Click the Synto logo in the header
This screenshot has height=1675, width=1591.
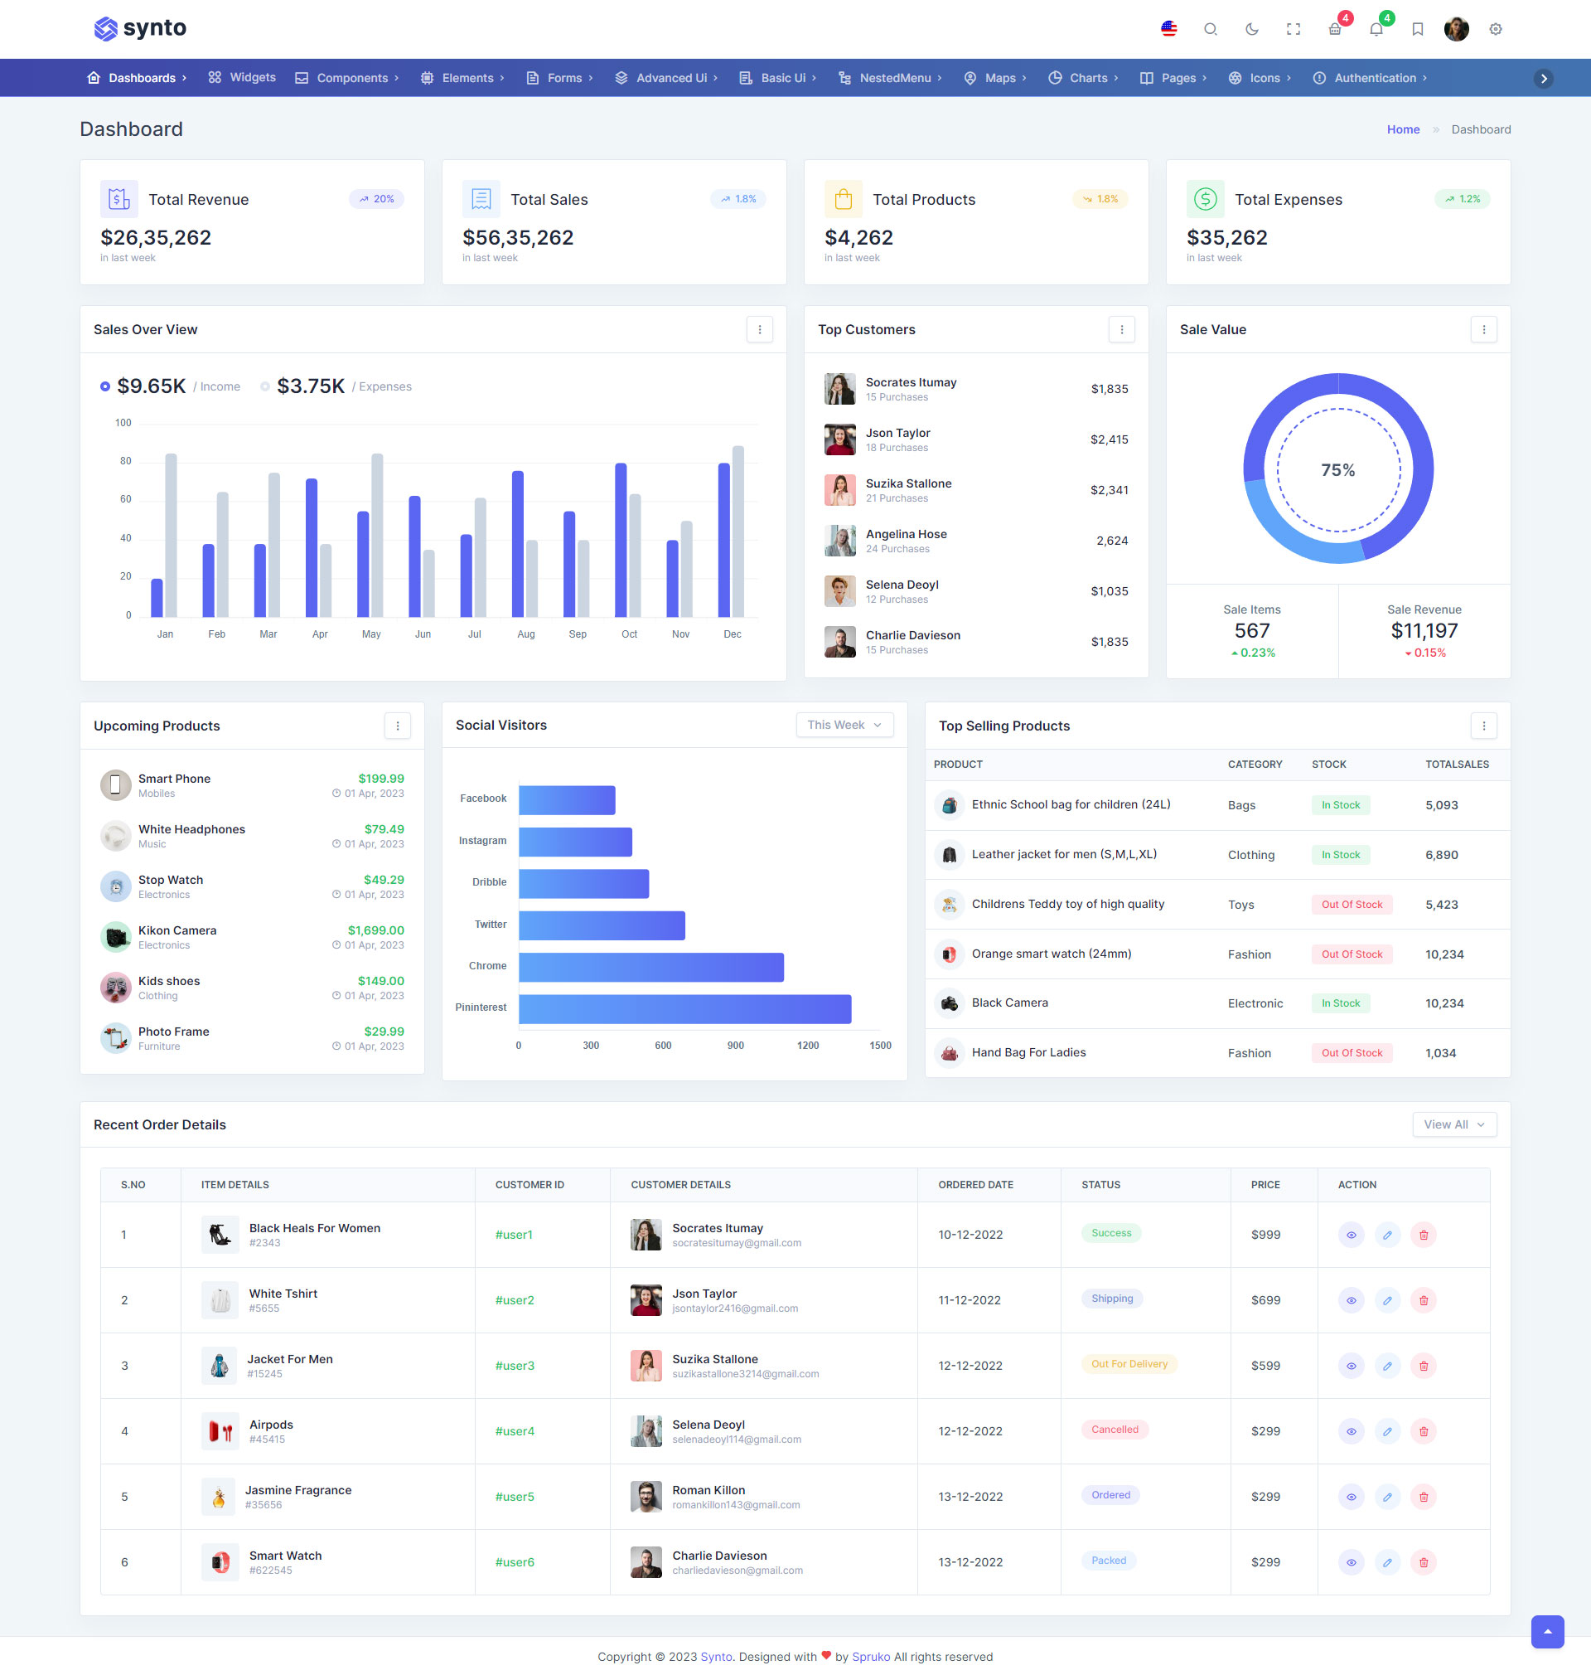pos(140,28)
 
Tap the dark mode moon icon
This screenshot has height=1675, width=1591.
pos(1251,29)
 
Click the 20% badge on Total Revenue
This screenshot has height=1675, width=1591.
pos(376,199)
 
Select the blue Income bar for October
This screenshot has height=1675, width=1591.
pos(621,540)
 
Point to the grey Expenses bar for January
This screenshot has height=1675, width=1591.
pos(172,535)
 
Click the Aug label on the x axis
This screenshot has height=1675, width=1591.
pos(526,634)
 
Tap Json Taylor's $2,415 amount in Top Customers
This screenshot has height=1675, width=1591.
pos(1109,439)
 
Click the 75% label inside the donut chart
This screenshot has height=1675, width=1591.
pos(1337,470)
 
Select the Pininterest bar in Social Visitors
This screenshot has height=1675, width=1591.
pos(684,1009)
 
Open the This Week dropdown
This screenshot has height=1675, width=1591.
pos(844,725)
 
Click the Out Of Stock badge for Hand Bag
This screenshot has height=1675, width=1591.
pos(1351,1053)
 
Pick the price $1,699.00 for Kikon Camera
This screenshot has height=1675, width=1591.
pos(375,930)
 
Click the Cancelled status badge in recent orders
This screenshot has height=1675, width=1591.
pos(1115,1430)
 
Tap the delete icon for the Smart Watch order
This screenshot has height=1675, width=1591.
pos(1423,1562)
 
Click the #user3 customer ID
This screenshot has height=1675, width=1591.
pos(515,1365)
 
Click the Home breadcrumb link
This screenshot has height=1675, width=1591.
pos(1403,130)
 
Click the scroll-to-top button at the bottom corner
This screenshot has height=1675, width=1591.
pos(1547,1631)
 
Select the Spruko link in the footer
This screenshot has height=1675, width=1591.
pos(871,1656)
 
